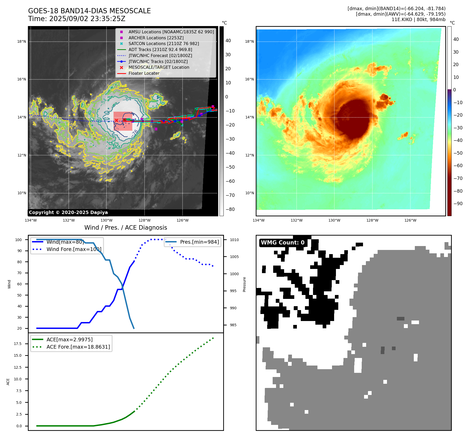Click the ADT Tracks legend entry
[x=160, y=49]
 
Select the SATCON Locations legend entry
[x=164, y=43]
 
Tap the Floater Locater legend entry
[x=144, y=73]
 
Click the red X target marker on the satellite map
[x=116, y=120]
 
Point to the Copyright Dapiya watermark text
[x=68, y=212]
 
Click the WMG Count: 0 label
[x=283, y=243]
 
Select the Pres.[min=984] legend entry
[x=199, y=242]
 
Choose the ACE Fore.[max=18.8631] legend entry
[x=78, y=347]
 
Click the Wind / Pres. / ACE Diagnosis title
[x=126, y=228]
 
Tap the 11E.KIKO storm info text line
[x=418, y=20]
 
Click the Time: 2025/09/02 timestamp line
[x=77, y=19]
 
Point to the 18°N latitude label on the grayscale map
[x=22, y=41]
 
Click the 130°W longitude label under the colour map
[x=334, y=220]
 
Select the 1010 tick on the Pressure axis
[x=234, y=240]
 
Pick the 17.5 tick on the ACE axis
[x=18, y=344]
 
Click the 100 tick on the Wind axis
[x=18, y=240]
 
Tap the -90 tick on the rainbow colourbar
[x=458, y=204]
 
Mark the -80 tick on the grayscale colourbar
[x=230, y=209]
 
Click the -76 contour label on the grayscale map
[x=135, y=132]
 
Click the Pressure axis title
[x=244, y=284]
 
